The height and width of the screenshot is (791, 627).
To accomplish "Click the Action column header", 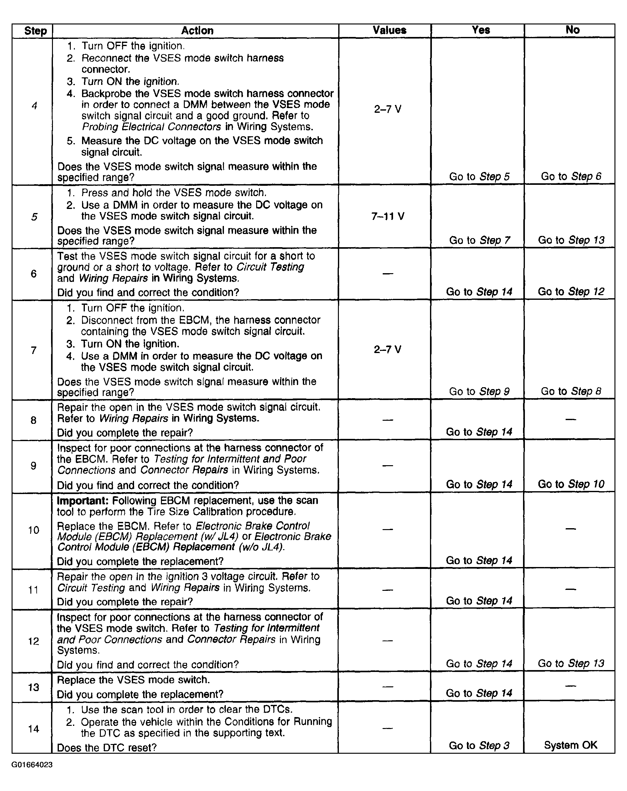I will [x=197, y=30].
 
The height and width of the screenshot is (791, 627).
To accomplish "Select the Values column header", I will [x=389, y=30].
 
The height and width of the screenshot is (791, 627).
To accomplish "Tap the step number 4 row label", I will [x=34, y=106].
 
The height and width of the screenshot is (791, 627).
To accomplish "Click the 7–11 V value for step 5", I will [x=388, y=216].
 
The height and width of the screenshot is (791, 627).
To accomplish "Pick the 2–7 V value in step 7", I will [x=387, y=349].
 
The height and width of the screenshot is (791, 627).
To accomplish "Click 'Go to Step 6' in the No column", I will [x=571, y=176].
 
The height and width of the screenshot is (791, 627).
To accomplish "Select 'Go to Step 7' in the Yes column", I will [x=479, y=240].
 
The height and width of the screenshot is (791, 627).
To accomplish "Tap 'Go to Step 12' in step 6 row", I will [x=571, y=292].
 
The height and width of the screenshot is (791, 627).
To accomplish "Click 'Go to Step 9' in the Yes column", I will [x=479, y=392].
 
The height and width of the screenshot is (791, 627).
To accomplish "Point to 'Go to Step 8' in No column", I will [x=571, y=392].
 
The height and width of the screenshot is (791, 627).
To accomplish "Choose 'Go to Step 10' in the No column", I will [x=571, y=484].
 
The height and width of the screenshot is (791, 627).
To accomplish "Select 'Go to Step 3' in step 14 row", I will [x=479, y=746].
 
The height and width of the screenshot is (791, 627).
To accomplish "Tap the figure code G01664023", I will [x=32, y=765].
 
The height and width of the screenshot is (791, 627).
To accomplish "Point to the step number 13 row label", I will [x=34, y=687].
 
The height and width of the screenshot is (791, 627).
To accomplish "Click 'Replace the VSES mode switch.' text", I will [x=133, y=680].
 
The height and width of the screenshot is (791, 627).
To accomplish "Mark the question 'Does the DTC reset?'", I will [x=107, y=748].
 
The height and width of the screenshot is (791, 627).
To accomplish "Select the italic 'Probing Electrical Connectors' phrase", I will [x=151, y=127].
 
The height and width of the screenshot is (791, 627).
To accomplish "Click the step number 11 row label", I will [x=34, y=590].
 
